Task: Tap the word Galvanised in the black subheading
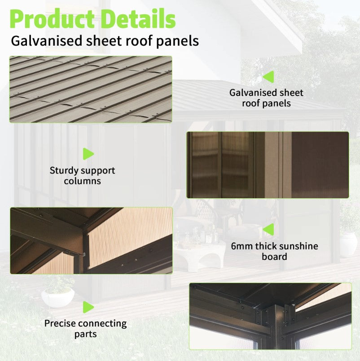click(47, 41)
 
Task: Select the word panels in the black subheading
click(177, 41)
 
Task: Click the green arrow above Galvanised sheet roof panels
click(268, 77)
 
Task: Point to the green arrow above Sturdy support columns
click(88, 154)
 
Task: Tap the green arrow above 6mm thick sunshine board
click(268, 229)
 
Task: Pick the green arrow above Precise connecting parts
click(88, 307)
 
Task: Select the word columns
click(82, 181)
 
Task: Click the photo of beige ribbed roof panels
click(91, 89)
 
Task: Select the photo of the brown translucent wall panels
click(268, 165)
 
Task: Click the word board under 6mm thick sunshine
click(275, 257)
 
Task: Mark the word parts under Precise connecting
click(85, 334)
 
